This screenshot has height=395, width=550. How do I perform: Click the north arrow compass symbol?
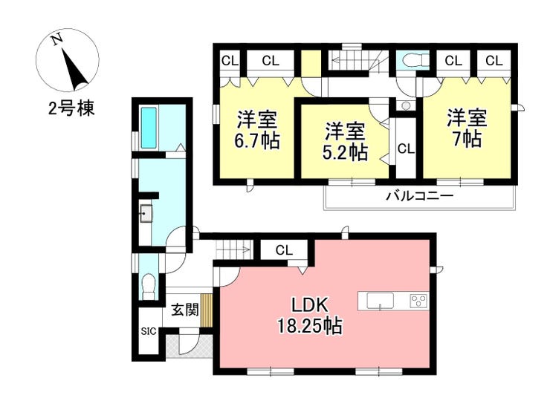68,60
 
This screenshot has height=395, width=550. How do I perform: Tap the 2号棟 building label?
71,109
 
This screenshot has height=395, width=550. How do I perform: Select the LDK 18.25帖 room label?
310,316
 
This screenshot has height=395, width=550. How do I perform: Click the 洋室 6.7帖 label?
257,130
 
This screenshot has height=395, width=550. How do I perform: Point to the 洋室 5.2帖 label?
345,141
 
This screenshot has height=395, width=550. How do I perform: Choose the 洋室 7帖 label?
467,128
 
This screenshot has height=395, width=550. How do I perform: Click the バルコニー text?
420,195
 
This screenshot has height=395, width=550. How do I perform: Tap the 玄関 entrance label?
185,310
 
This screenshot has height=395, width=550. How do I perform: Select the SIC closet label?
149,331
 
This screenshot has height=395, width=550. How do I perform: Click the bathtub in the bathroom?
149,128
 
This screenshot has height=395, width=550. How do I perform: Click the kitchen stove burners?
418,301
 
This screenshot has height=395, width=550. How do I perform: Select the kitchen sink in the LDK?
381,301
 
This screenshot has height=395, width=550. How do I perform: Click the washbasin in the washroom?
146,213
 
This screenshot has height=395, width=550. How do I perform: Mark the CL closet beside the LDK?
284,250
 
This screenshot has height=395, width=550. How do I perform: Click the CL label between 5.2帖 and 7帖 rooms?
407,149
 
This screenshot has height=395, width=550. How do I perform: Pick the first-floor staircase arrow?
233,250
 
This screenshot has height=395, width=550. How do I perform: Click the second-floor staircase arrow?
350,61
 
